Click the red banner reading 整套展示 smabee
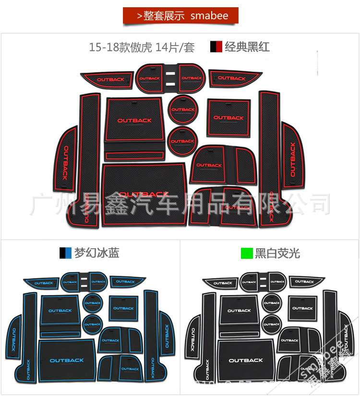click(x=180, y=16)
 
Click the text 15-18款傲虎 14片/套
click(x=142, y=48)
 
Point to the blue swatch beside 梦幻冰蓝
click(x=65, y=253)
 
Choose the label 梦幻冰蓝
click(x=96, y=253)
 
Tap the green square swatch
click(x=246, y=253)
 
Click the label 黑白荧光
click(x=277, y=253)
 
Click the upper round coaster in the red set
click(x=182, y=109)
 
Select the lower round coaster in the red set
click(x=182, y=141)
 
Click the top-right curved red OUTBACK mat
click(x=233, y=78)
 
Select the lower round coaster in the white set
click(x=271, y=324)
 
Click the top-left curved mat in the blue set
click(x=42, y=282)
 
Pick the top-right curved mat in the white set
click(x=305, y=281)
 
